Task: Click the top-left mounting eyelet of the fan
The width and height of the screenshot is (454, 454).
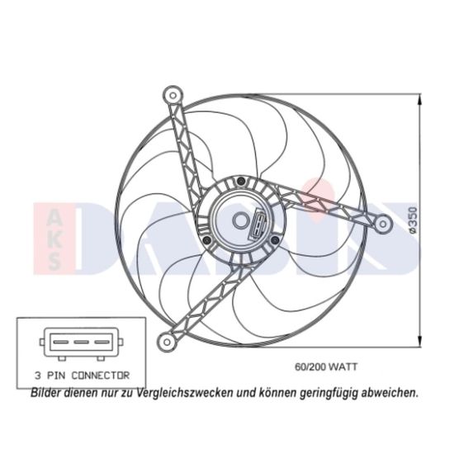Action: pyautogui.click(x=173, y=95)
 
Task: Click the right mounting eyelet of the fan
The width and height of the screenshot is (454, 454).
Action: pyautogui.click(x=383, y=224)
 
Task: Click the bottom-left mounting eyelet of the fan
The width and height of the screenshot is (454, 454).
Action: pyautogui.click(x=167, y=342)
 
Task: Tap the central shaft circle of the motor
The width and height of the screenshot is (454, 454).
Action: pyautogui.click(x=240, y=220)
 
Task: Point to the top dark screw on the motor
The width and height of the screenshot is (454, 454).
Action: pyautogui.click(x=240, y=182)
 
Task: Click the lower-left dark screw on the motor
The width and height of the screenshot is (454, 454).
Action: pyautogui.click(x=206, y=239)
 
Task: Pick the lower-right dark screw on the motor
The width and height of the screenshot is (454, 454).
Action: pyautogui.click(x=275, y=239)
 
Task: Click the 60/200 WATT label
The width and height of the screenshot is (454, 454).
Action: pyautogui.click(x=326, y=367)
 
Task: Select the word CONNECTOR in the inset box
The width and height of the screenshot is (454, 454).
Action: pyautogui.click(x=101, y=376)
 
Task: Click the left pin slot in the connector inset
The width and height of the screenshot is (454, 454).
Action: pyautogui.click(x=61, y=342)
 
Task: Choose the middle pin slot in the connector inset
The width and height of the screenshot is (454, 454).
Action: pyautogui.click(x=82, y=342)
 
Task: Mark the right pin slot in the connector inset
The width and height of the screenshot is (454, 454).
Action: pyautogui.click(x=102, y=342)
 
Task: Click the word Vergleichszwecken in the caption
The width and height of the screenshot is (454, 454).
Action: pyautogui.click(x=185, y=393)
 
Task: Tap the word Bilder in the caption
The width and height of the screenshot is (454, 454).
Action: pyautogui.click(x=45, y=393)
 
